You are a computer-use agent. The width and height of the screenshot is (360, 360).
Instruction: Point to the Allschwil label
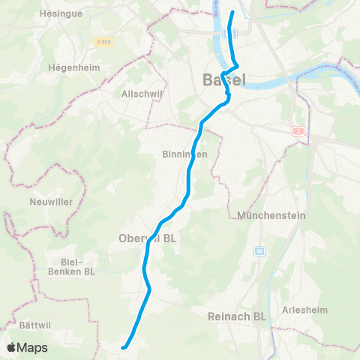137,94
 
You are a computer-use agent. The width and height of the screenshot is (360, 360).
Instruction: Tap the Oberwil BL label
147,239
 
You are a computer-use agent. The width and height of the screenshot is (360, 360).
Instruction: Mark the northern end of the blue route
232,13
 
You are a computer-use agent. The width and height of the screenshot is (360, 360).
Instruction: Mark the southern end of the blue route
124,346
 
